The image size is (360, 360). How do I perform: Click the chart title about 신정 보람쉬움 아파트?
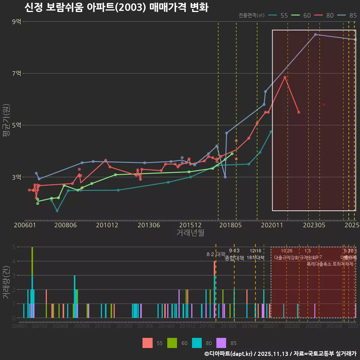[116, 7]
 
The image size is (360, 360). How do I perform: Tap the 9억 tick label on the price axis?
[16, 22]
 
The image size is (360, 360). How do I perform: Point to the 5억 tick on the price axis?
[16, 125]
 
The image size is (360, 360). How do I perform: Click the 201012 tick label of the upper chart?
[107, 225]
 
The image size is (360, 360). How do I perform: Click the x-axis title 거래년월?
[190, 233]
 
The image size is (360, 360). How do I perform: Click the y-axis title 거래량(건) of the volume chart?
[6, 282]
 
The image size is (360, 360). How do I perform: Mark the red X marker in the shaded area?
[324, 104]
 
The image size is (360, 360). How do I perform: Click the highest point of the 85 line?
[315, 34]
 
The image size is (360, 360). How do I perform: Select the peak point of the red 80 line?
[285, 77]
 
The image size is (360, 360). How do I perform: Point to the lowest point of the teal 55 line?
[57, 211]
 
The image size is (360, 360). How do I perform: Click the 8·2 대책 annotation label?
[216, 254]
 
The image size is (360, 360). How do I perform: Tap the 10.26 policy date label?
[286, 251]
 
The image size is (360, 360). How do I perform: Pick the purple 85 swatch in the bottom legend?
[222, 343]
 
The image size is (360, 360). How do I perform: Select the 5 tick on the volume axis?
[13, 247]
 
